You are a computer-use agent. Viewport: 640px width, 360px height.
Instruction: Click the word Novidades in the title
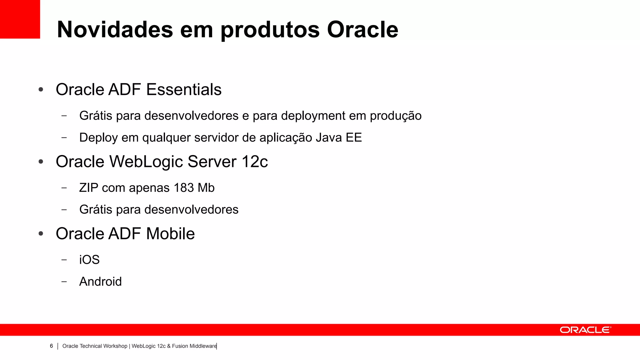[115, 30]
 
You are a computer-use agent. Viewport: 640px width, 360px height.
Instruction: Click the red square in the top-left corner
[20, 19]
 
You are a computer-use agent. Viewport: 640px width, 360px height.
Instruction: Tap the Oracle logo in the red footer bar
[585, 330]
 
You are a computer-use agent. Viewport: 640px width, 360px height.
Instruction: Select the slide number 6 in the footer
[51, 346]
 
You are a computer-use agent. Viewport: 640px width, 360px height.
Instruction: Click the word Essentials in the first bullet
[184, 90]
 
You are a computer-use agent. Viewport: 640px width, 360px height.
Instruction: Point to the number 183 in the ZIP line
[184, 188]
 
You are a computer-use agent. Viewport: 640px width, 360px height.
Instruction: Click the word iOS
[89, 260]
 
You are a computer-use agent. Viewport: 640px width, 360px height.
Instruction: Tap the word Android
[100, 282]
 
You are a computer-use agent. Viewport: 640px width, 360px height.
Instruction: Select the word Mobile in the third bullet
[170, 234]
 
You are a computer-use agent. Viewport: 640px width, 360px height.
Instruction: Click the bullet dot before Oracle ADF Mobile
[41, 234]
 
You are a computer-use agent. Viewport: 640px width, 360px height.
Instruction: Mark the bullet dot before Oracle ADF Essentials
[41, 90]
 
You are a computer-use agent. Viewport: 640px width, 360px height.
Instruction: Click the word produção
[396, 116]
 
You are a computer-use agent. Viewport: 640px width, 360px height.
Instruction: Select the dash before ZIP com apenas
[64, 188]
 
